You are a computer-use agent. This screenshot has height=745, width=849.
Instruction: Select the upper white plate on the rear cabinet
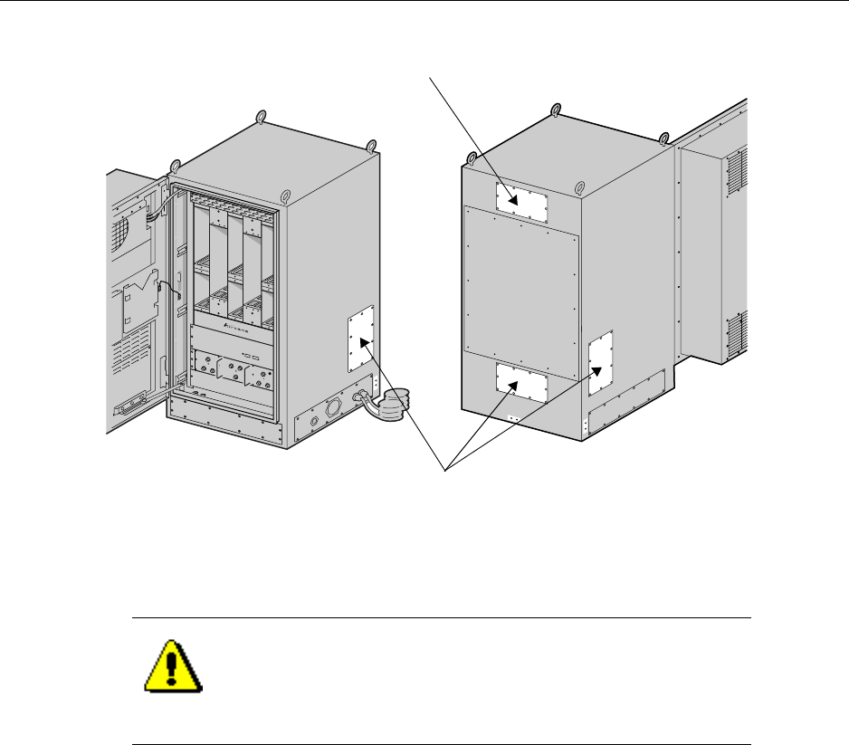click(x=522, y=201)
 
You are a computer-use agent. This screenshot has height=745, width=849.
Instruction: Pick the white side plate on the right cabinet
click(x=601, y=363)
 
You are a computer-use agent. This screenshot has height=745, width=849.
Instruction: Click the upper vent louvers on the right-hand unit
click(x=738, y=175)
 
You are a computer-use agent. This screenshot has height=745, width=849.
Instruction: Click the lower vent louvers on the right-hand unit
click(x=737, y=334)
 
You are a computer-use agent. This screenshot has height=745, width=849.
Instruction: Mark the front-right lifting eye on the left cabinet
click(x=284, y=195)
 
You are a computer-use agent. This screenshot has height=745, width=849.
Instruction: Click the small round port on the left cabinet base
click(x=313, y=420)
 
